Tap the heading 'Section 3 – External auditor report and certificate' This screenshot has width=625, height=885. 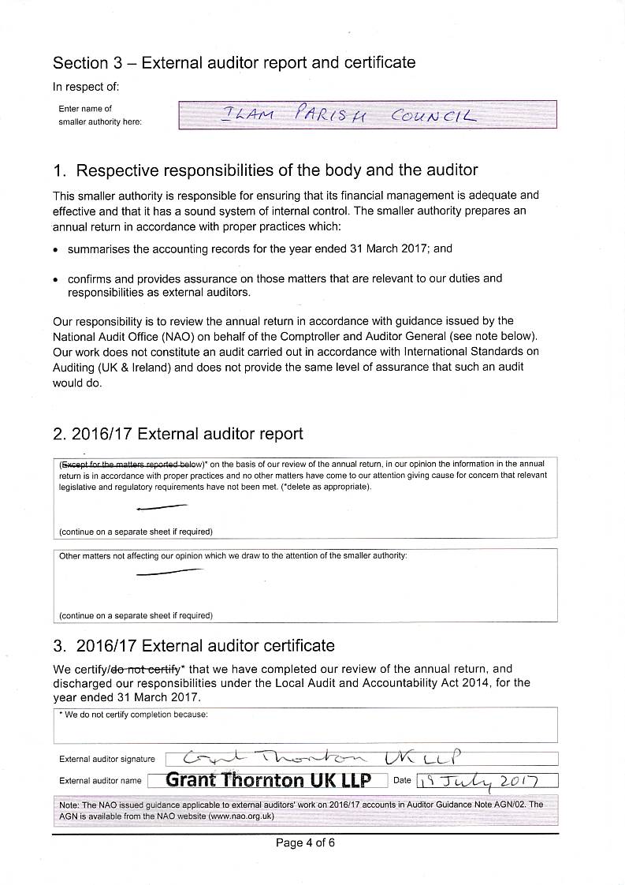[x=234, y=62]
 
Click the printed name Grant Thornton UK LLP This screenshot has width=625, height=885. [x=268, y=780]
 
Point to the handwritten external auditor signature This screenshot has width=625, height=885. [x=322, y=759]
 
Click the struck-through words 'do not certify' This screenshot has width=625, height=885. [x=147, y=669]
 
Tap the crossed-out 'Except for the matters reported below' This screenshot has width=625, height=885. [x=131, y=465]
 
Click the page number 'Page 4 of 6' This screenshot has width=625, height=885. [x=305, y=842]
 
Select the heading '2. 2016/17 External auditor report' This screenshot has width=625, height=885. [x=177, y=434]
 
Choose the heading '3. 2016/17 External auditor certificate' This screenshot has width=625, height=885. [x=194, y=645]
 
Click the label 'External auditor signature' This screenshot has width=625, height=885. [x=107, y=760]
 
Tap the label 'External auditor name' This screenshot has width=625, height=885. [x=100, y=781]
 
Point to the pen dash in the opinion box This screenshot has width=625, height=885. [x=162, y=507]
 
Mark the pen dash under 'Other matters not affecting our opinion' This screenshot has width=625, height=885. [x=169, y=571]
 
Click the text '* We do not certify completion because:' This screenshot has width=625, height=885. [x=133, y=715]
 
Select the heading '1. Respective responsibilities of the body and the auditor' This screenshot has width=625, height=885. [x=265, y=170]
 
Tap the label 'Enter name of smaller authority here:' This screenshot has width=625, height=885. [x=100, y=115]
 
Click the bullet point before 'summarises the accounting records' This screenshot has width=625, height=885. [x=56, y=249]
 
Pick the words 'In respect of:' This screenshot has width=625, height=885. [x=86, y=87]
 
